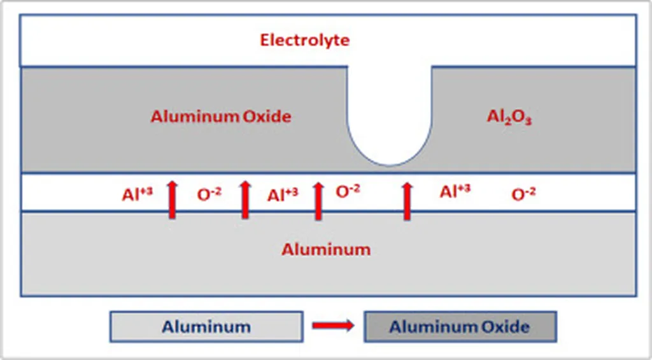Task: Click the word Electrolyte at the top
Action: tap(305, 40)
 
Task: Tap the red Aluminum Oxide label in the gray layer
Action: tap(221, 117)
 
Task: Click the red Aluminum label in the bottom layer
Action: tap(326, 249)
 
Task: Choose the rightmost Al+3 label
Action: tap(455, 192)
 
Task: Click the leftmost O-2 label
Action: tap(209, 195)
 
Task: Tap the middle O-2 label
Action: tap(348, 192)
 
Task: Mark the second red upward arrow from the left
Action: tap(245, 199)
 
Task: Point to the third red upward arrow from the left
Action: tap(318, 199)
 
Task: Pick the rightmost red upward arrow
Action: tap(407, 199)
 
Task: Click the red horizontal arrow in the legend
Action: tap(332, 326)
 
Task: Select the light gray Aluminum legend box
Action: tap(206, 327)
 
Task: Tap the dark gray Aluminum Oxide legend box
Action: tap(460, 327)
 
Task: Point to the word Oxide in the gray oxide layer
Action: tap(267, 117)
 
